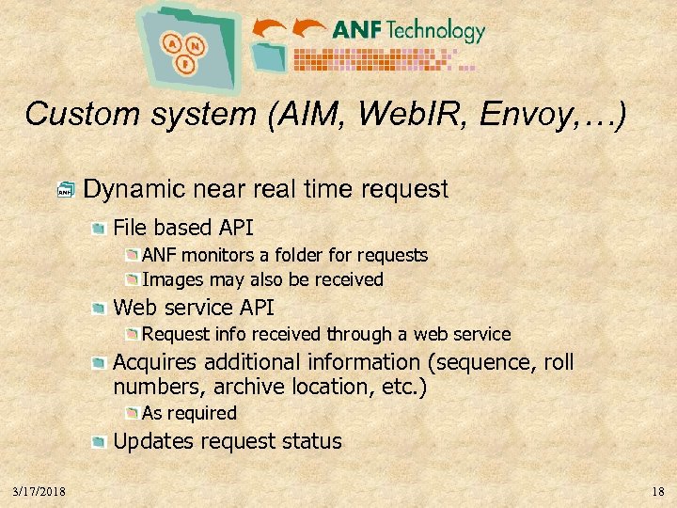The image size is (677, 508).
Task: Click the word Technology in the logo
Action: [434, 31]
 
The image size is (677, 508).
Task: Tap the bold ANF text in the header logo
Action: [356, 31]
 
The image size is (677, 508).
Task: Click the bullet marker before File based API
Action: [99, 228]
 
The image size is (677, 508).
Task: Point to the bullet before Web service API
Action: [99, 308]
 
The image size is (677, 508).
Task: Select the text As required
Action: [189, 413]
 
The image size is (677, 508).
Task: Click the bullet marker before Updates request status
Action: [99, 441]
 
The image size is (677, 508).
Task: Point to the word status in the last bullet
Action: [313, 441]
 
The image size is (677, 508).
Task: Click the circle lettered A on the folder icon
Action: [172, 42]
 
